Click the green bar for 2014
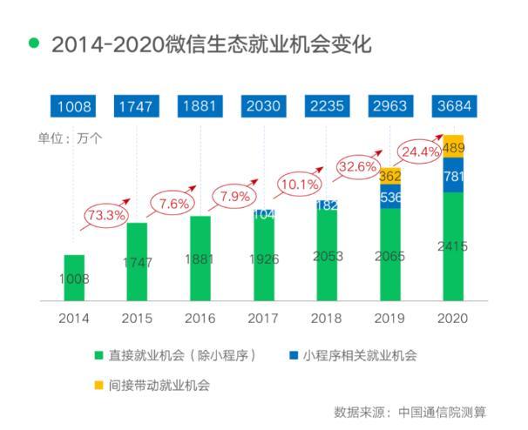tap(74, 279)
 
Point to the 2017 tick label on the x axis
tap(263, 318)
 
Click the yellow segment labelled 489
tap(453, 147)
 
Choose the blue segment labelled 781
tap(453, 176)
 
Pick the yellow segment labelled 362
tap(390, 175)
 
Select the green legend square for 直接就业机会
tap(100, 356)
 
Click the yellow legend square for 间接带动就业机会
tap(100, 384)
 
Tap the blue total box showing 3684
tap(453, 107)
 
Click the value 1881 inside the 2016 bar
tap(200, 259)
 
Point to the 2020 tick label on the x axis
tap(453, 318)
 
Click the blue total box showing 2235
tap(327, 107)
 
